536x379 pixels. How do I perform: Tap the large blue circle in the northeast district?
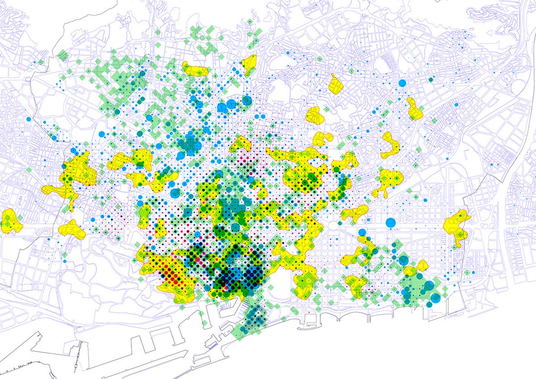pos(402,83)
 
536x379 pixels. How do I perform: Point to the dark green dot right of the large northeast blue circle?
pos(431,79)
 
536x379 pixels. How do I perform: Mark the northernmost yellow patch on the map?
pos(248,64)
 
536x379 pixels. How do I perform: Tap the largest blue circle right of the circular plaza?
pos(390,222)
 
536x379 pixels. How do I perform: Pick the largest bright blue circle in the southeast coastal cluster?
pos(430,286)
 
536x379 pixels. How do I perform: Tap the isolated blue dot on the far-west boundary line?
pos(28,119)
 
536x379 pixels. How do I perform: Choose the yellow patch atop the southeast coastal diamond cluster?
pos(410,271)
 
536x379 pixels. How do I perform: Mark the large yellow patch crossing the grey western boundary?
pos(69,176)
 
